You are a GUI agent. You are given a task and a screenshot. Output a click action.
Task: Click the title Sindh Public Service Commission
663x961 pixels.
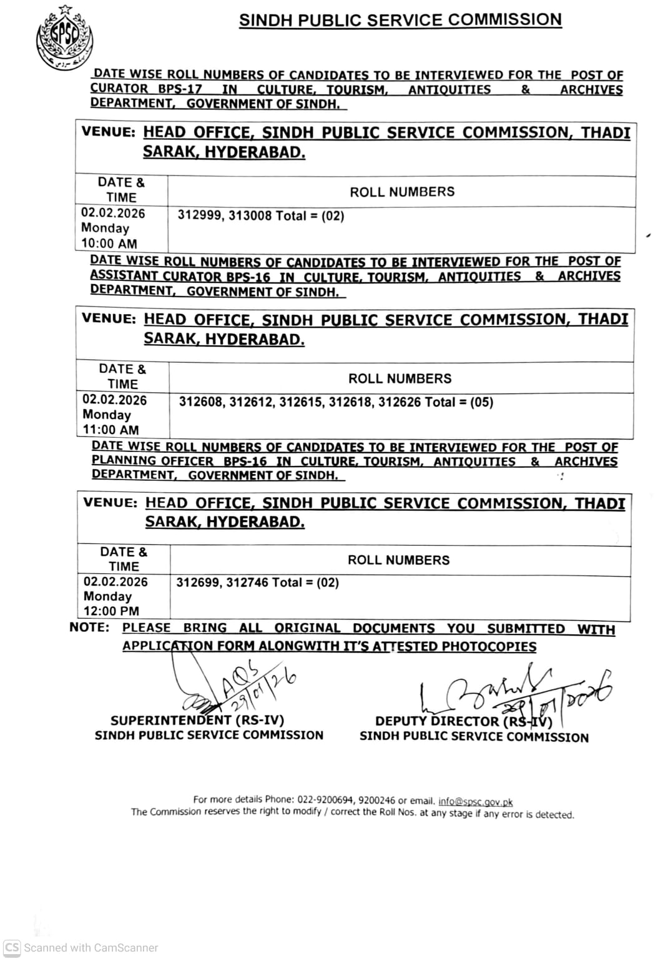(400, 20)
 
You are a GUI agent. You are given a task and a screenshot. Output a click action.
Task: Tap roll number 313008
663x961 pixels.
(250, 216)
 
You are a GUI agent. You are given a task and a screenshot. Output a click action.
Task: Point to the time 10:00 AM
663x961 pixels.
(109, 244)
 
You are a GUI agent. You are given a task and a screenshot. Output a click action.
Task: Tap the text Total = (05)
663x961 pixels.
(459, 402)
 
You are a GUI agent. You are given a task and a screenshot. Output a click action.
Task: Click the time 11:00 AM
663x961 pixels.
(111, 430)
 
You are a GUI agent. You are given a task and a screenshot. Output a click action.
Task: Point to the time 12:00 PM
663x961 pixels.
(112, 611)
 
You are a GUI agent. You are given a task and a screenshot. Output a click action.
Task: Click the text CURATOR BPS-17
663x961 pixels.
(146, 89)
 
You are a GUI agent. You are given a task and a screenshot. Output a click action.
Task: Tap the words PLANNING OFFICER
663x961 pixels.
(153, 461)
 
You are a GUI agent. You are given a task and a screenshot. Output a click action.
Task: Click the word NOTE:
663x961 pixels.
(89, 628)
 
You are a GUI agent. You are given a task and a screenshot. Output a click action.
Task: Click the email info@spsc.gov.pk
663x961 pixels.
(475, 801)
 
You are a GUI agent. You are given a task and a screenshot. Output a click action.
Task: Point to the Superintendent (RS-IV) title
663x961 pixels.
(197, 721)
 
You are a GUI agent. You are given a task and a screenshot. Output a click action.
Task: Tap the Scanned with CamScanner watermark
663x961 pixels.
(81, 947)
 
